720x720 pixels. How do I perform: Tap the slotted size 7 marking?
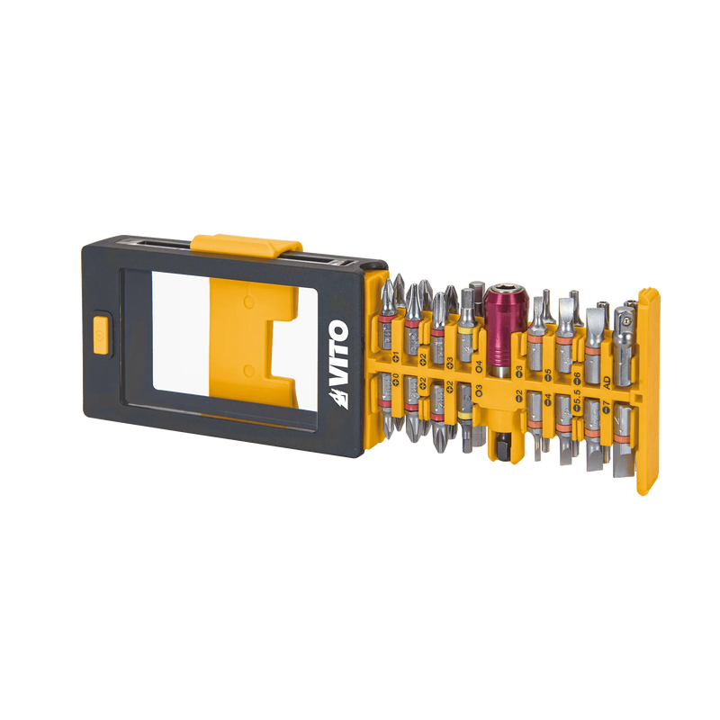[x=607, y=410]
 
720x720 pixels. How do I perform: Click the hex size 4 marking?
[x=479, y=365]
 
